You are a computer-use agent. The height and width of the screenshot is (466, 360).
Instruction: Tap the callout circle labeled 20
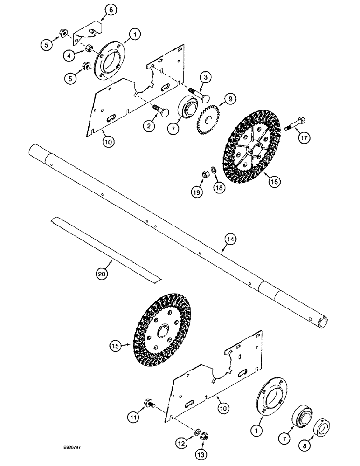click(102, 274)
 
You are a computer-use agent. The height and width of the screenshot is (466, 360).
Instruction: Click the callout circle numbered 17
click(304, 138)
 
